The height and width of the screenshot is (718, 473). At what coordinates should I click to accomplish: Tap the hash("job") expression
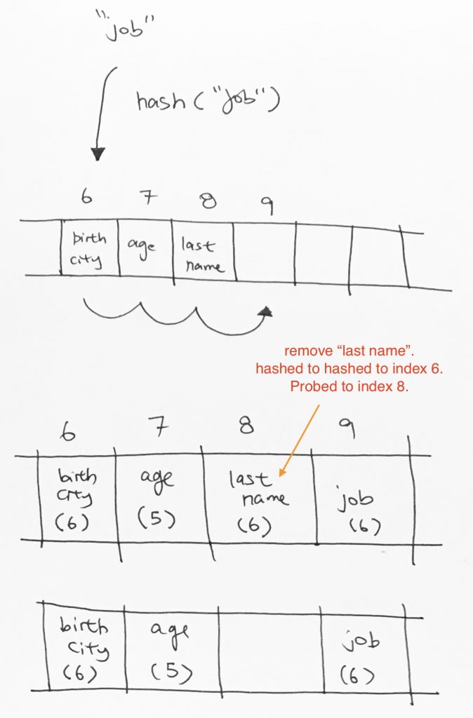[207, 101]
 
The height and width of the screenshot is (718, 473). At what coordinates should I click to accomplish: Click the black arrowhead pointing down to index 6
[98, 154]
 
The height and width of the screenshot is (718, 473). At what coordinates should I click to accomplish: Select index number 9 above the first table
[267, 205]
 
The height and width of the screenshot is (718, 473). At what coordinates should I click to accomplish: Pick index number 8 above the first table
[208, 201]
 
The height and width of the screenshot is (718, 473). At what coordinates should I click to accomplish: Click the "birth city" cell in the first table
[89, 248]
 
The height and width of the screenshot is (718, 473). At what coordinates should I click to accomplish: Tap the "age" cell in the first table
[145, 249]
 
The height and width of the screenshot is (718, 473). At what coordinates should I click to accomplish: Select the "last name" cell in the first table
[204, 252]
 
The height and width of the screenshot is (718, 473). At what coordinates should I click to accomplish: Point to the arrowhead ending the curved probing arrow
[265, 312]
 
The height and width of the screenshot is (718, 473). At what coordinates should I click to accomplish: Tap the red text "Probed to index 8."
[349, 386]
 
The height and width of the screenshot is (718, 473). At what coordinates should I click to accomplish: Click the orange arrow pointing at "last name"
[299, 440]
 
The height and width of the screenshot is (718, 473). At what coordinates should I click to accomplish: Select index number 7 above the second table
[159, 427]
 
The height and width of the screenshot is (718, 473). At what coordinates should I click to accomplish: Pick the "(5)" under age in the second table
[156, 518]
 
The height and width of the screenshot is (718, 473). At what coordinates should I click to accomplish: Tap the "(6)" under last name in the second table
[254, 526]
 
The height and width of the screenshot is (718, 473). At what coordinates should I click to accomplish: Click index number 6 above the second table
[67, 431]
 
